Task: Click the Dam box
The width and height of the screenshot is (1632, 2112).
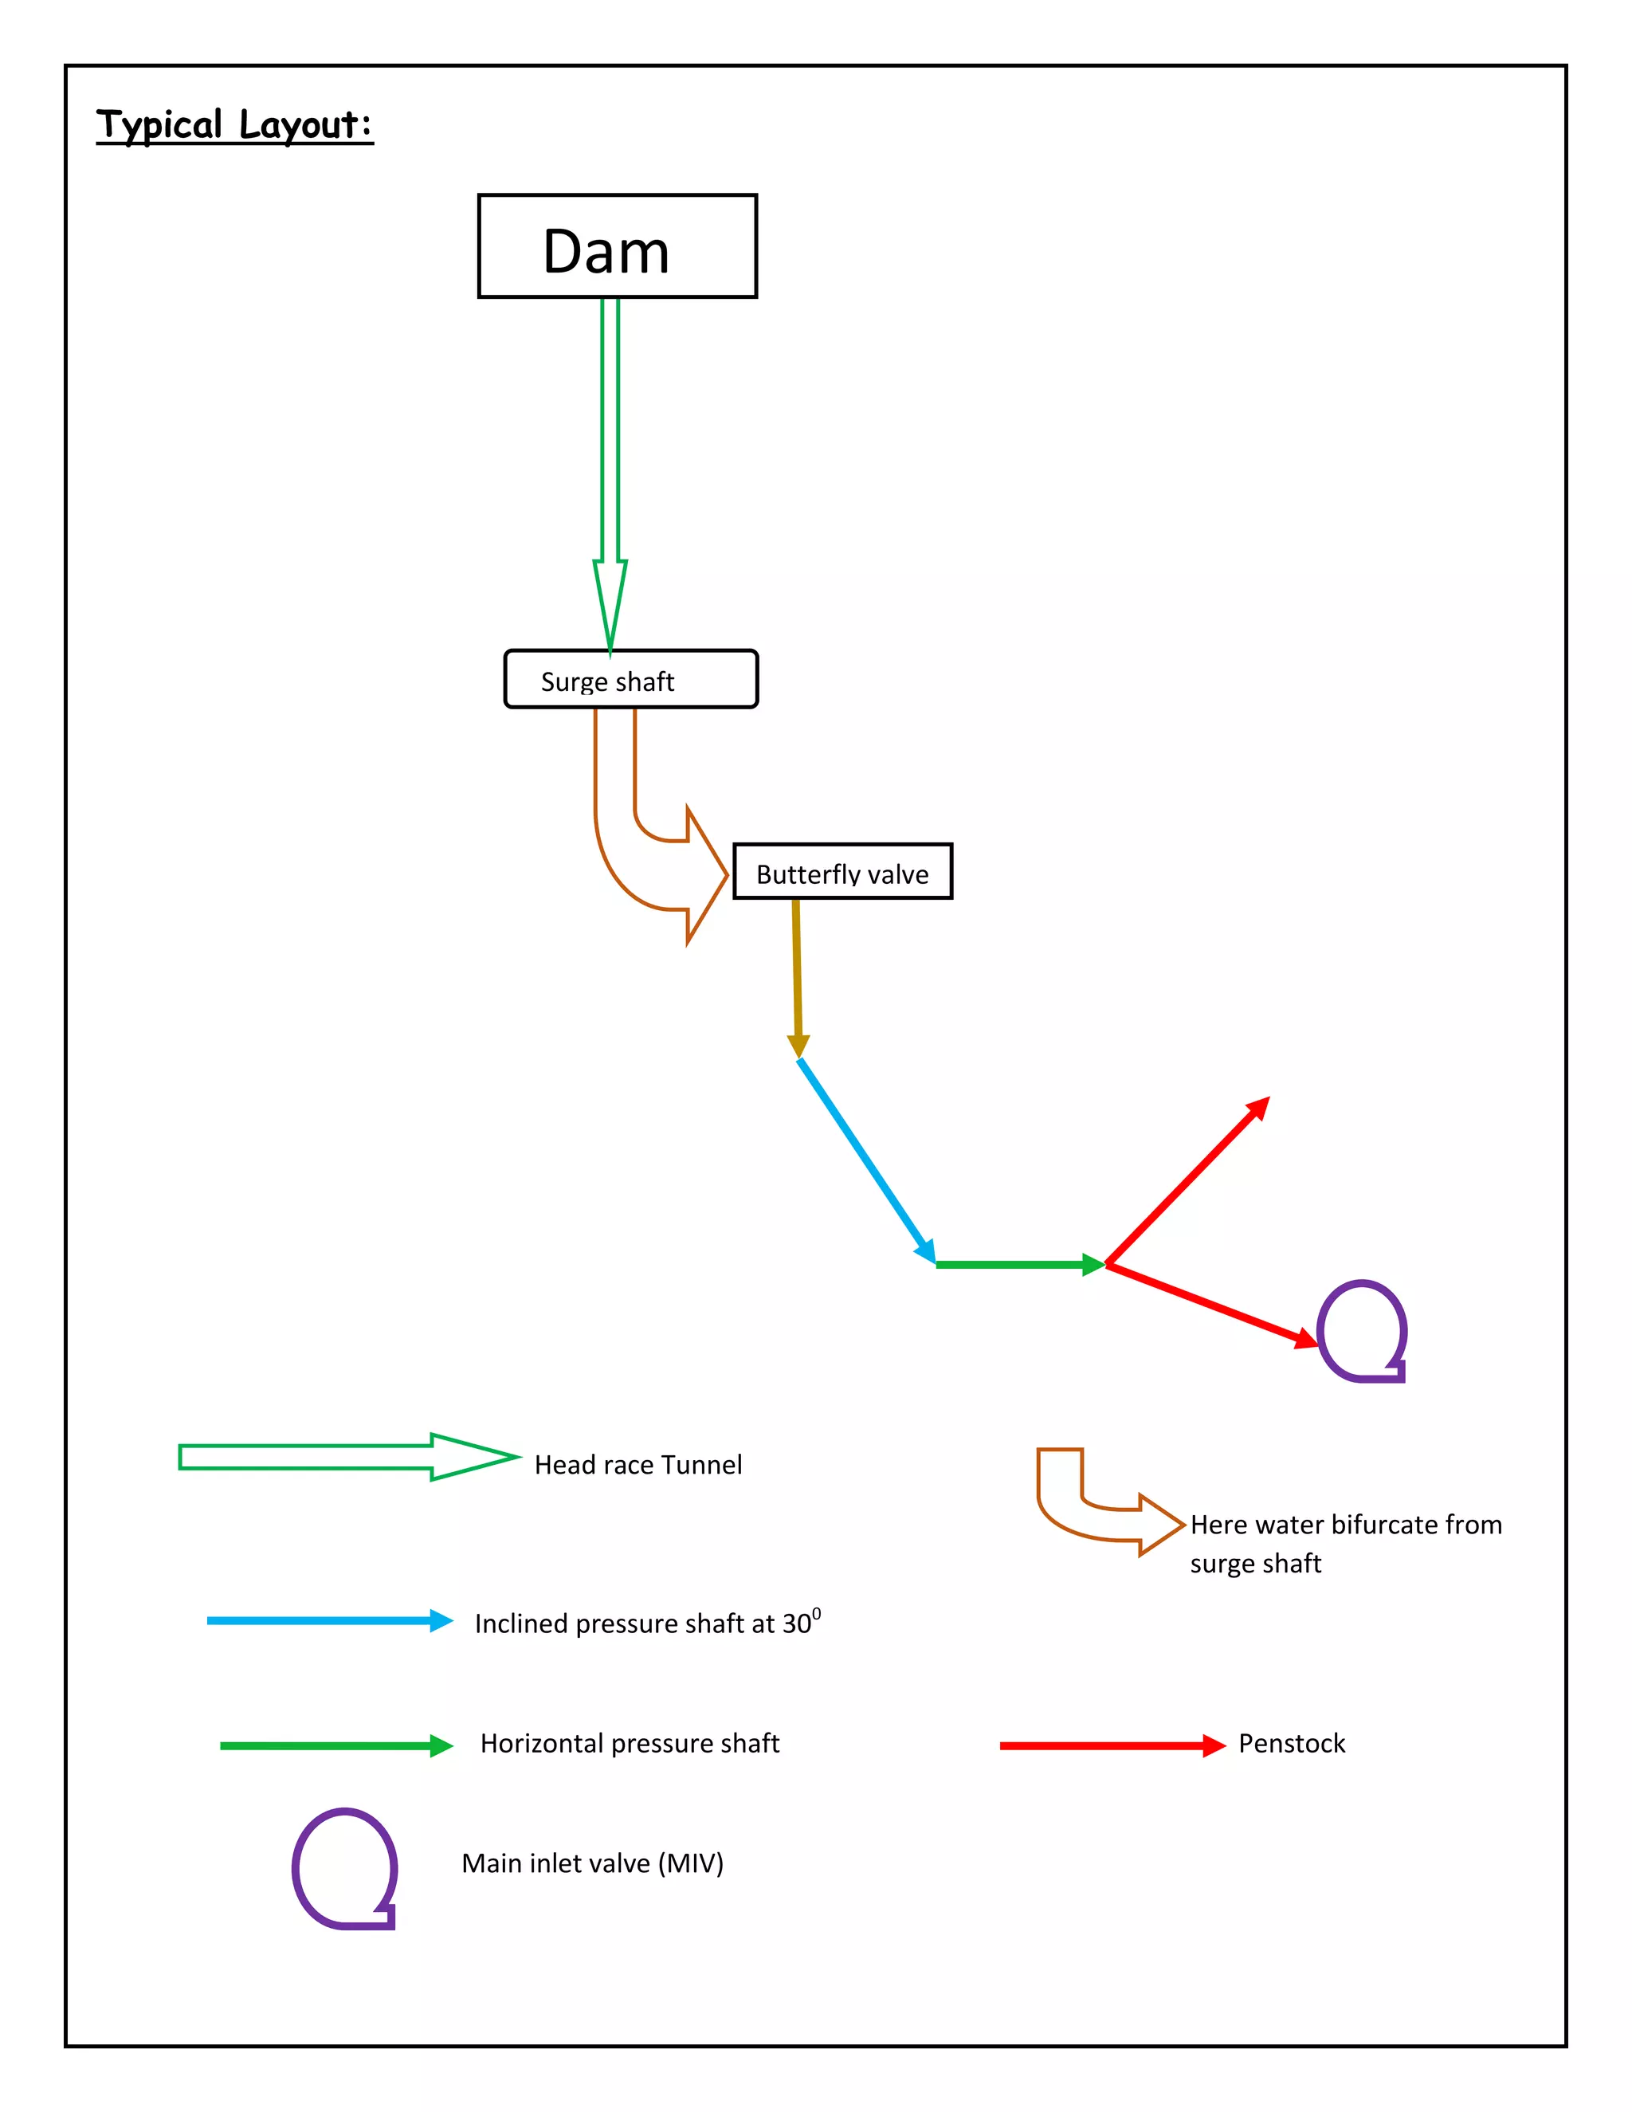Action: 617,246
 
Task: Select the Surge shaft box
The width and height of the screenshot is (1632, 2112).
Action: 630,679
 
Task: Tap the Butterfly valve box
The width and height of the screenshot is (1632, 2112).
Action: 842,871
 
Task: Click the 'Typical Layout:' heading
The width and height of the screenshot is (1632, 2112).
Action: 234,125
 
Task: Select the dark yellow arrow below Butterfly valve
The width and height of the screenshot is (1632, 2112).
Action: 797,977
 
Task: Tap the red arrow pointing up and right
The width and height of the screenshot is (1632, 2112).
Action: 1187,1181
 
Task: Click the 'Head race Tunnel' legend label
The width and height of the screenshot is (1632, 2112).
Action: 638,1465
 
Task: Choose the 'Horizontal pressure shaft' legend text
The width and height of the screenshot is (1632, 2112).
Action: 630,1744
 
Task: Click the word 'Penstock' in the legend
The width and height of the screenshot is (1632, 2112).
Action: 1292,1744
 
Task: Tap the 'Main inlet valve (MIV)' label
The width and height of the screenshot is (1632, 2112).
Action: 593,1863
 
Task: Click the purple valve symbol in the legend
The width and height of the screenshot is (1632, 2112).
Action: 345,1868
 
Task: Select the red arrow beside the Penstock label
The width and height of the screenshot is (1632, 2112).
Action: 1112,1745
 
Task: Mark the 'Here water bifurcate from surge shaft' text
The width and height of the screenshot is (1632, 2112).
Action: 1346,1544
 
